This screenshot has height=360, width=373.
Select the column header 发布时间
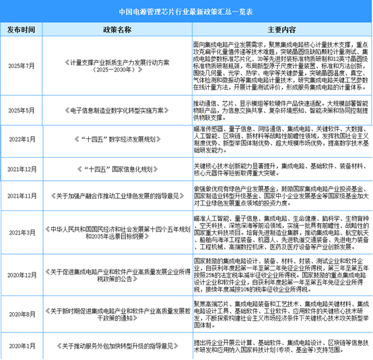(x=24, y=30)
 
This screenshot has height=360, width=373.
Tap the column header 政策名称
(x=115, y=30)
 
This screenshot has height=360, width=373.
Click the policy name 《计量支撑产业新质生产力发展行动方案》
(x=115, y=65)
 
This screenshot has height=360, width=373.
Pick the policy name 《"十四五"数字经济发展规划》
(x=115, y=139)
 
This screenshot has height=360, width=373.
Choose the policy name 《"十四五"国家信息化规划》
(x=115, y=168)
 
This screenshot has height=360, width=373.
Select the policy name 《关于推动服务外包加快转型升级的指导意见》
(x=115, y=347)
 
